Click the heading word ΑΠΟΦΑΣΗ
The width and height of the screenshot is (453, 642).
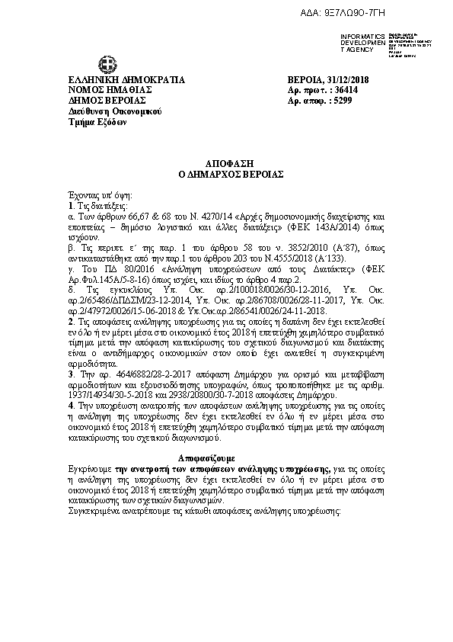[x=227, y=163]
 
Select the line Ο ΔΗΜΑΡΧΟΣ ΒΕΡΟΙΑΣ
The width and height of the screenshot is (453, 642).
[x=227, y=174]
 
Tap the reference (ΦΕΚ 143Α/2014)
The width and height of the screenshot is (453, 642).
[x=296, y=226]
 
